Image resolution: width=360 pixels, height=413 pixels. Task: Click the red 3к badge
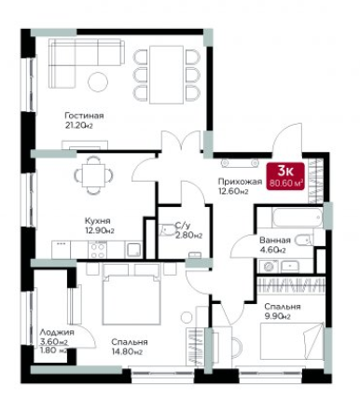285,176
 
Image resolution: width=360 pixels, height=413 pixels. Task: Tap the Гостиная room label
84,116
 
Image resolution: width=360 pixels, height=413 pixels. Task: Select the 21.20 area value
79,126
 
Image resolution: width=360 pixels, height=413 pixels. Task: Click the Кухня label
98,221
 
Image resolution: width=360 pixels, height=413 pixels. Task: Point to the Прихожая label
240,182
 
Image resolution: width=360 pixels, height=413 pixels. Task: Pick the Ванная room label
275,241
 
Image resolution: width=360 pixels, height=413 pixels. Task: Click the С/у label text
181,225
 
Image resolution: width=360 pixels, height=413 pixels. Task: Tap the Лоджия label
57,333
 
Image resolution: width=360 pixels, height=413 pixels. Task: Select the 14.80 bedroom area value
127,352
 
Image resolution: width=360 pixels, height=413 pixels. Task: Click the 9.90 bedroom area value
277,317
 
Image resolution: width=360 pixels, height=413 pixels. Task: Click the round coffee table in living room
98,82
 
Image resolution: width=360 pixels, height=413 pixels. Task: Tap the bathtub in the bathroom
298,217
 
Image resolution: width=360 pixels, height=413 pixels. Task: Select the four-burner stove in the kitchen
98,251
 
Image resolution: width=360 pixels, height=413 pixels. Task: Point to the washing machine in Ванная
269,267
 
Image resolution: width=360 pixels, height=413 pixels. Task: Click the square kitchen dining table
93,175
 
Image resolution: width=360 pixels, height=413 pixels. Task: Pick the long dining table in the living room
166,75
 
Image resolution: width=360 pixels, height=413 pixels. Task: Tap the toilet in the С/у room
167,229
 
